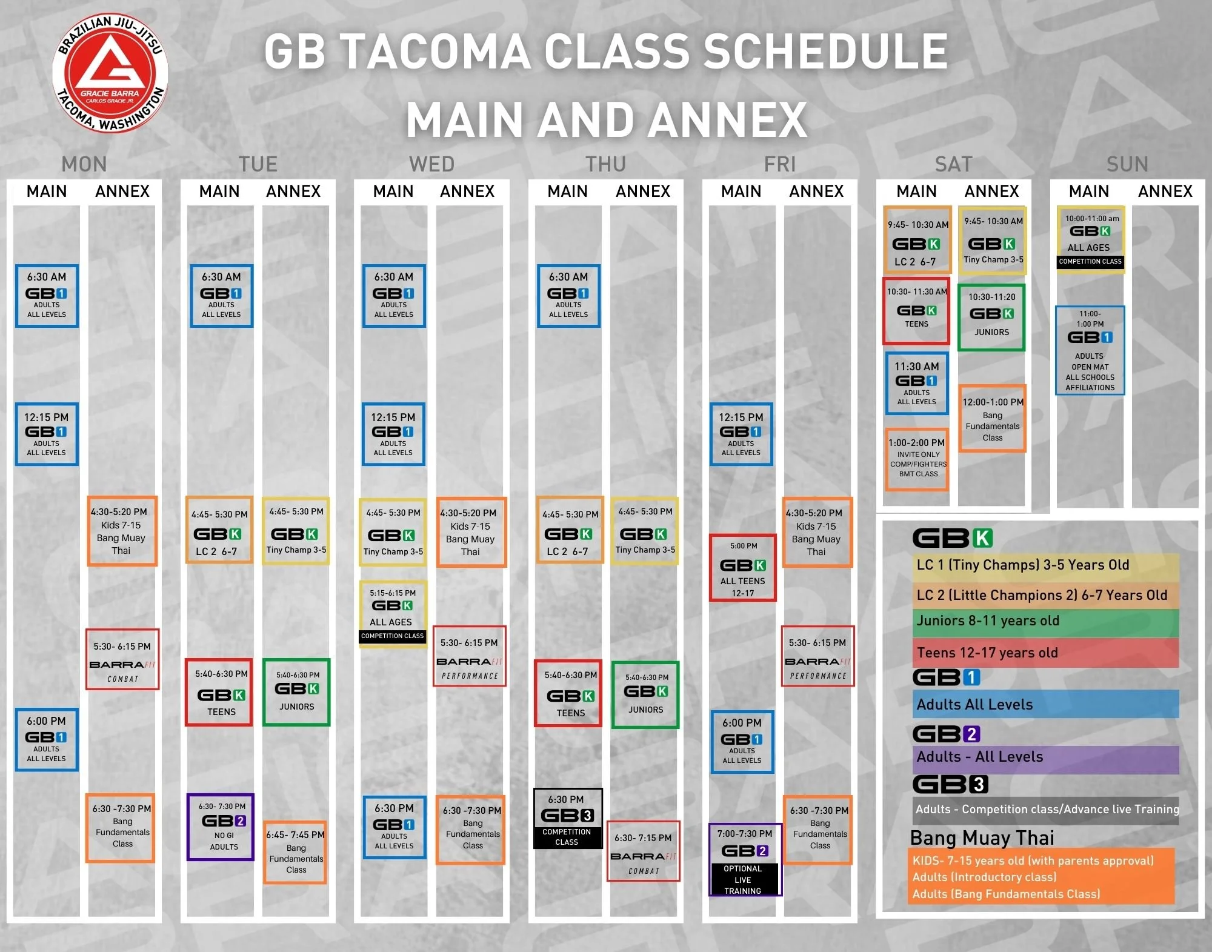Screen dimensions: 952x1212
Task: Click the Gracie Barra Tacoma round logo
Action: [110, 72]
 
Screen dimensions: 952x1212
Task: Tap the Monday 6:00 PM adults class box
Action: [47, 739]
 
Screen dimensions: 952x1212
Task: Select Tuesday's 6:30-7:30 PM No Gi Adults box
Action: [221, 827]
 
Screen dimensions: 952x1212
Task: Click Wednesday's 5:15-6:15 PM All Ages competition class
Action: [393, 614]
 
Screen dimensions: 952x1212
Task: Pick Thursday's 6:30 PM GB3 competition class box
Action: [568, 818]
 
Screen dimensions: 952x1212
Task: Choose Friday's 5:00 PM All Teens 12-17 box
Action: [742, 568]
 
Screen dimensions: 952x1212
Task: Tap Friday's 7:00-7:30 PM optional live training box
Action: [745, 859]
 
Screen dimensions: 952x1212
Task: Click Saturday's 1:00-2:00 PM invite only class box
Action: [917, 459]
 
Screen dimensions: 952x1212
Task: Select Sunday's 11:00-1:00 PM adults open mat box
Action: [1090, 350]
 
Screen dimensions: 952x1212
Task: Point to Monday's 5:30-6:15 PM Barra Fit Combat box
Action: [122, 659]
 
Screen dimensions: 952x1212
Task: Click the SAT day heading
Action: [953, 164]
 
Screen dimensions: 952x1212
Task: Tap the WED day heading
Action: [431, 164]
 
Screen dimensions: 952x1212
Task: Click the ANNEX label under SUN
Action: [1165, 191]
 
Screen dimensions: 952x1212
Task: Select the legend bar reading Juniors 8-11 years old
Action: [1045, 622]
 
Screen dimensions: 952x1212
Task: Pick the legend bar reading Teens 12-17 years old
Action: [1045, 653]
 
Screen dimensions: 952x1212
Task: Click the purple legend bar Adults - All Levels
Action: [1045, 757]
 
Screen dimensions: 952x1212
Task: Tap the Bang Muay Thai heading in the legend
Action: [982, 837]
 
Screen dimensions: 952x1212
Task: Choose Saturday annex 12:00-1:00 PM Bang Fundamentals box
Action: [992, 419]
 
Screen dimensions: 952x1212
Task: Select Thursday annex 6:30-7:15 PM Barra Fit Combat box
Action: [643, 851]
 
